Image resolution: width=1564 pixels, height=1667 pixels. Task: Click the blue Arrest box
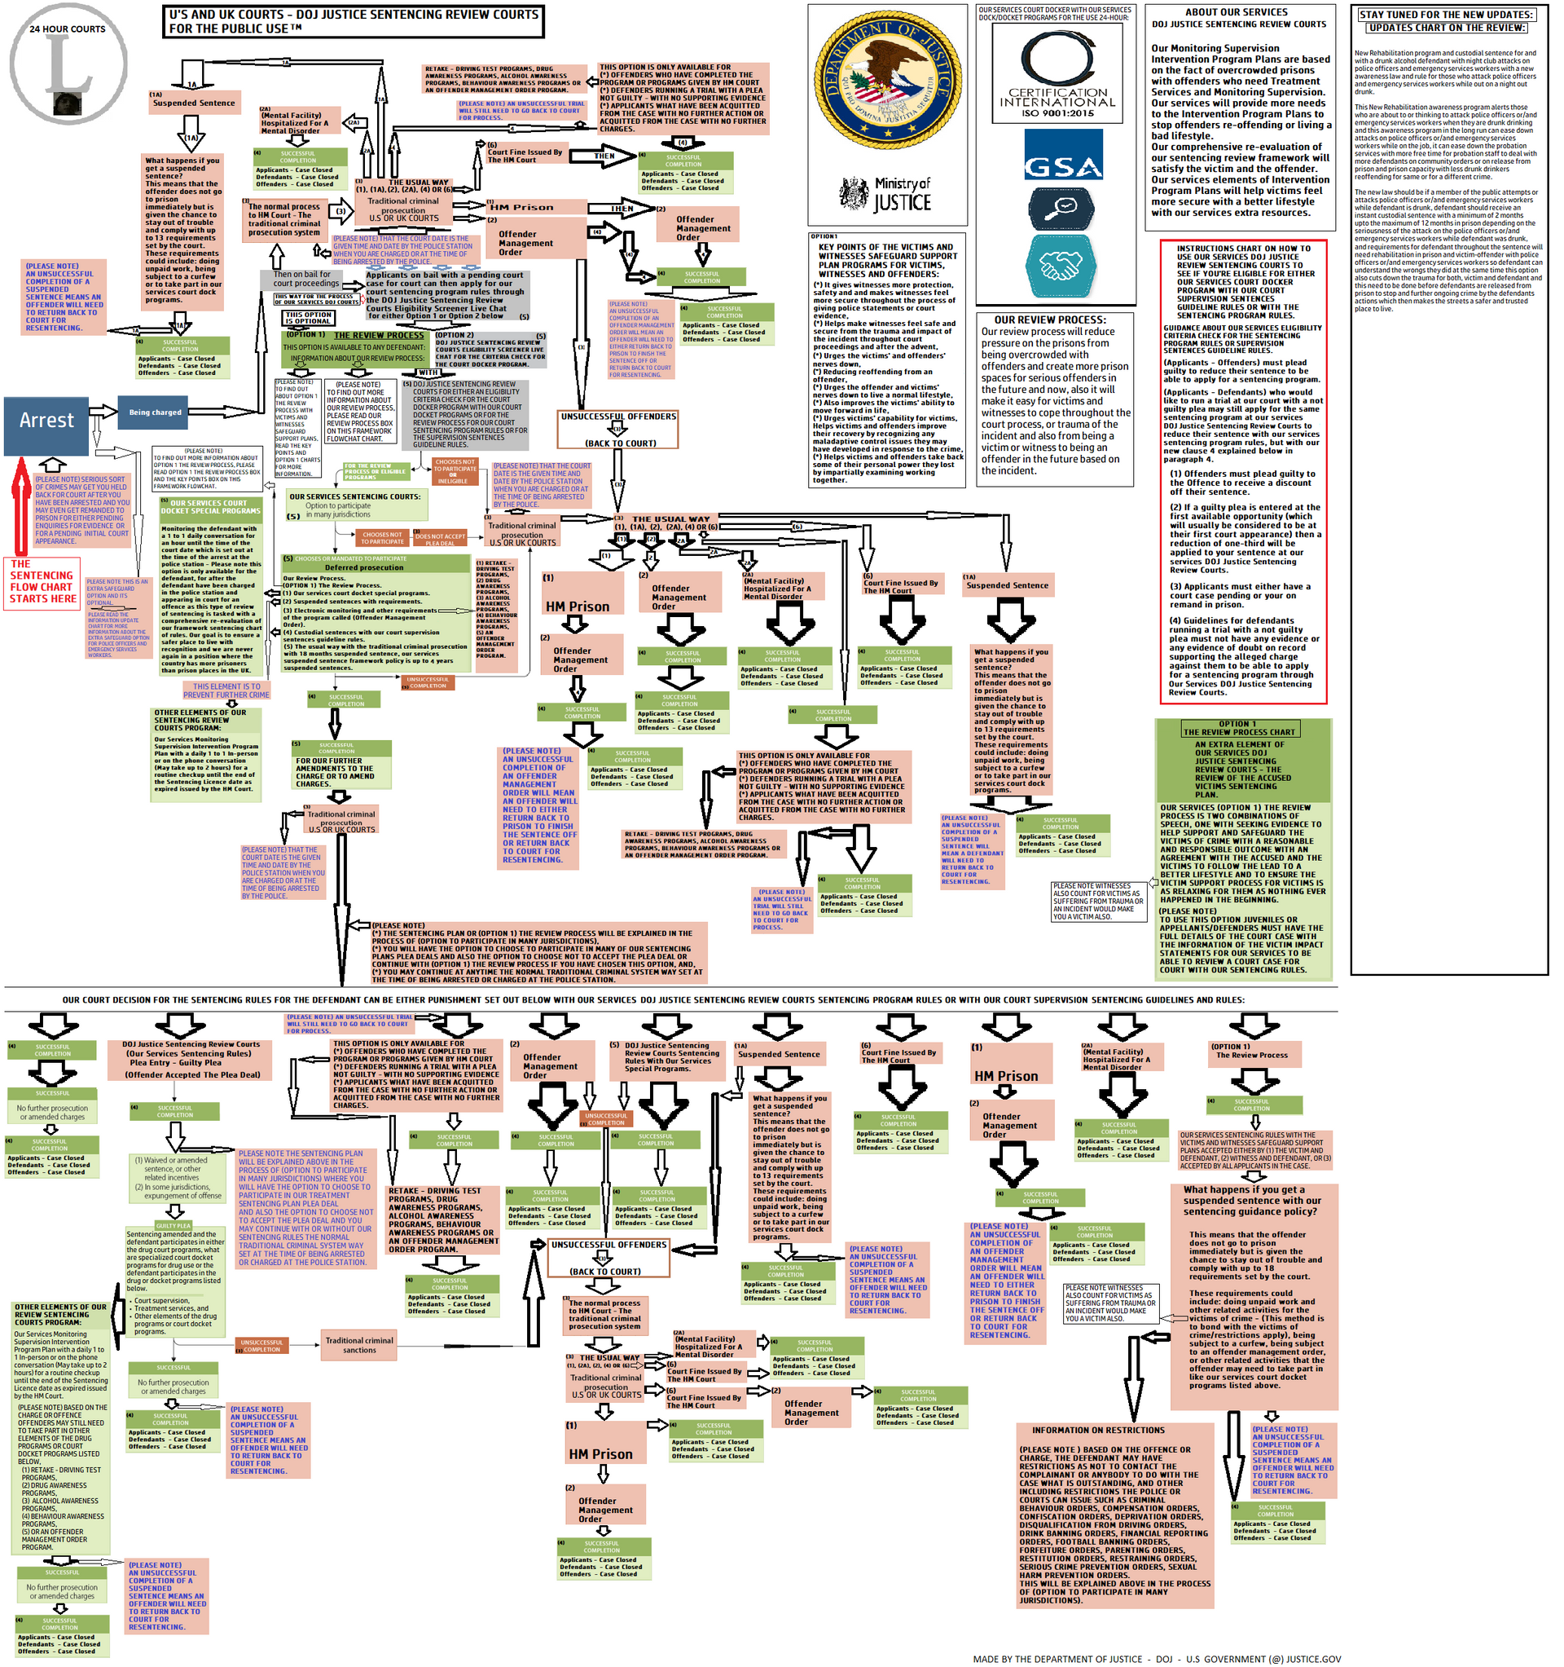46,420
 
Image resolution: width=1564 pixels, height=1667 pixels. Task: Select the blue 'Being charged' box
155,412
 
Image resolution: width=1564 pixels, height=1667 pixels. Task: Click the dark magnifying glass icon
1061,208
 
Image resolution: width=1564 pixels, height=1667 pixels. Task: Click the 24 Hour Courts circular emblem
68,64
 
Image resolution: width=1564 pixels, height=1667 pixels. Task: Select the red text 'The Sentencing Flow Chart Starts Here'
42,582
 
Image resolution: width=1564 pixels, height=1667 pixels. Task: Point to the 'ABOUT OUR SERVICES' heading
1237,12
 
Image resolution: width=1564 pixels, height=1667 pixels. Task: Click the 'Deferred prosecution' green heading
364,567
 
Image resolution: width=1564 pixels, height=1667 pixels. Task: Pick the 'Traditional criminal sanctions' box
359,1345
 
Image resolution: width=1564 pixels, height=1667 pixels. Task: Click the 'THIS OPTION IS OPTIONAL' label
309,318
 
